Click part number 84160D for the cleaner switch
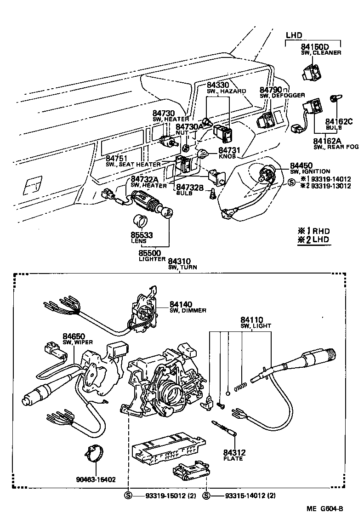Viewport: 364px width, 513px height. coord(315,46)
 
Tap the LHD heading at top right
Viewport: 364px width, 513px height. coord(294,35)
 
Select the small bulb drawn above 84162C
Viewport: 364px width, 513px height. coord(334,99)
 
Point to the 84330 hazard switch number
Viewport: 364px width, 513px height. coord(218,85)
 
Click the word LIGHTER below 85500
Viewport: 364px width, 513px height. coord(152,259)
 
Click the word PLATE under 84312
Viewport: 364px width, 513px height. coord(233,458)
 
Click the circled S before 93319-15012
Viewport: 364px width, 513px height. coord(129,496)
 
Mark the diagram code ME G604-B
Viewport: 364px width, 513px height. coord(325,508)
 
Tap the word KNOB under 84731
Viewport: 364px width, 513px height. coord(227,156)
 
